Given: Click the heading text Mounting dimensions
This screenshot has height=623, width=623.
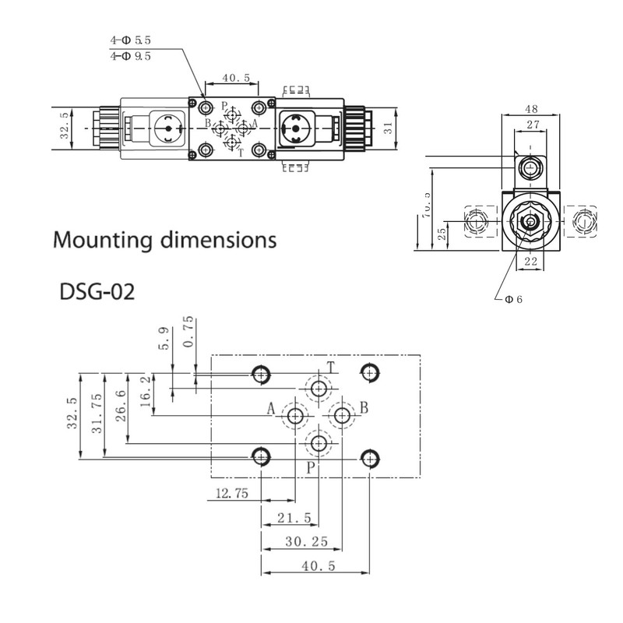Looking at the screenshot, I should click(x=164, y=238).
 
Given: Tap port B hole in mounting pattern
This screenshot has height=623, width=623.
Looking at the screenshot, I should click(x=341, y=417).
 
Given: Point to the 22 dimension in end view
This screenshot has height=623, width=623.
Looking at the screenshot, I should click(x=531, y=262).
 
